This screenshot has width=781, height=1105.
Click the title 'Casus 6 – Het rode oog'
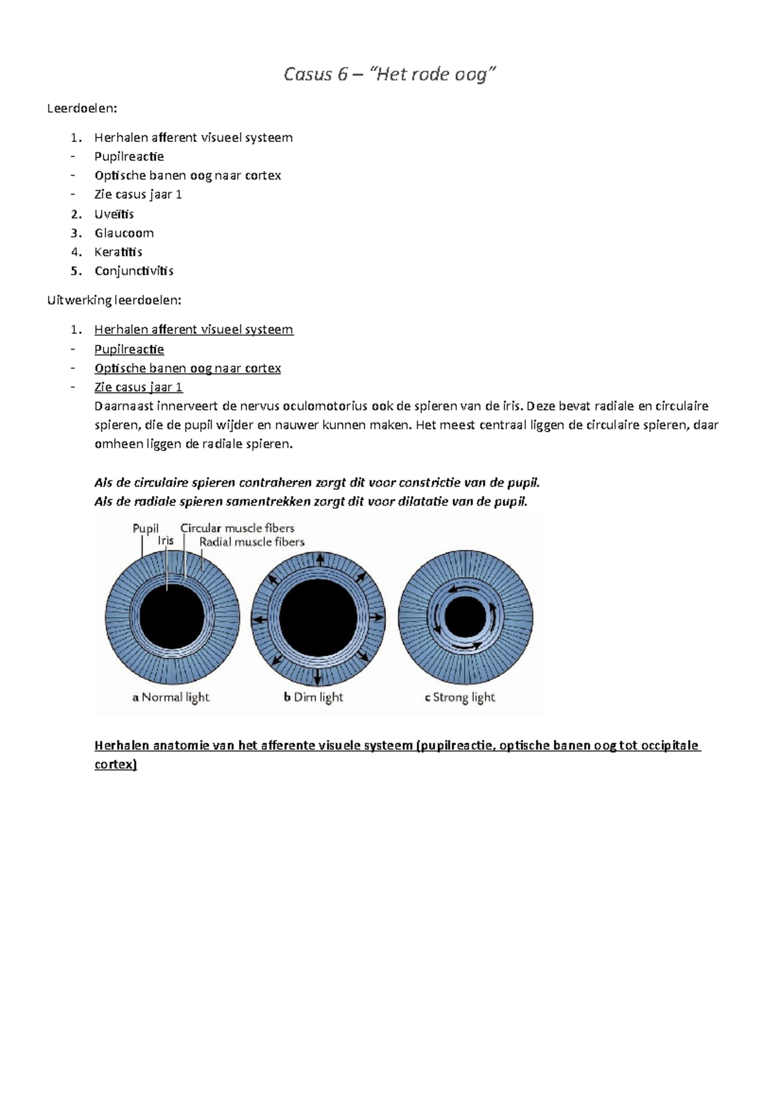[x=389, y=74]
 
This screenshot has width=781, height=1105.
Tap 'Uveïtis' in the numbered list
[x=114, y=214]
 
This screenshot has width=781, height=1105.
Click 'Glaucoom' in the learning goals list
[x=124, y=233]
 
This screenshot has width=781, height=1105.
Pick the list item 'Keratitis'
[x=118, y=252]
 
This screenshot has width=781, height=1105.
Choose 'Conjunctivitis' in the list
[x=133, y=271]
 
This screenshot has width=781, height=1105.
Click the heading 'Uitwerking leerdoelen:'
[x=114, y=300]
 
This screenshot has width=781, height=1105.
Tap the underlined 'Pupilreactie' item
[x=129, y=349]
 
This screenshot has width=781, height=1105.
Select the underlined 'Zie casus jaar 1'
[x=138, y=387]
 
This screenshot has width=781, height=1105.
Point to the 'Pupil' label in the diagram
[x=145, y=528]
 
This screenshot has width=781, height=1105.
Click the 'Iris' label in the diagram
[x=165, y=541]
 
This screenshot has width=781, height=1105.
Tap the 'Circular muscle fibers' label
[x=237, y=528]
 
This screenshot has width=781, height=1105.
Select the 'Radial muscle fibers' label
[x=252, y=541]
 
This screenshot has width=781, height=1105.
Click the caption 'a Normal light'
[x=171, y=697]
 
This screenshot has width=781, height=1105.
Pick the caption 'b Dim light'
[x=313, y=697]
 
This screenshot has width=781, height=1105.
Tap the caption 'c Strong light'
[x=459, y=697]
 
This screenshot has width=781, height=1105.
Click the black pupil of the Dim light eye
[x=318, y=617]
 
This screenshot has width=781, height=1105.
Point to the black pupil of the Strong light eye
[x=465, y=617]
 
